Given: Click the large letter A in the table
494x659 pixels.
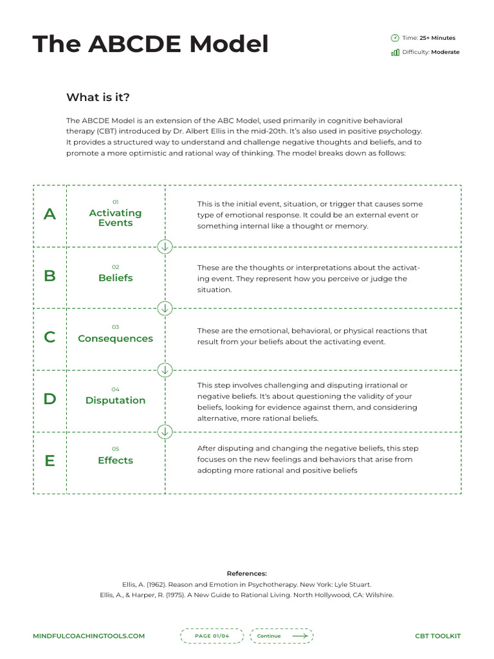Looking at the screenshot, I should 50,215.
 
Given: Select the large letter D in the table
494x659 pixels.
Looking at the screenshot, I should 50,399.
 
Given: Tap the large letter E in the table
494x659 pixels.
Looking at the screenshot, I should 50,461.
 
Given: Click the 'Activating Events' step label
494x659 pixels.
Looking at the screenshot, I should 116,218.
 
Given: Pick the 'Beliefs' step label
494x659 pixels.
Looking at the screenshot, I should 116,278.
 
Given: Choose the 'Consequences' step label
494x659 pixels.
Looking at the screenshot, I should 116,339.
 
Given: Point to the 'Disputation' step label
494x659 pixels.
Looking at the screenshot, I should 116,400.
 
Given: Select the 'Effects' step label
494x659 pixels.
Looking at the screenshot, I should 116,461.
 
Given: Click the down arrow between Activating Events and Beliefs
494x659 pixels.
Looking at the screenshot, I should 165,246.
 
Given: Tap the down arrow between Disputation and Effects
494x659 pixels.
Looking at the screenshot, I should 165,431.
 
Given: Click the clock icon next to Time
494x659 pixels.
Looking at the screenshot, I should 395,38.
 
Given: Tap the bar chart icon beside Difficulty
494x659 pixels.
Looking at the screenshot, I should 395,52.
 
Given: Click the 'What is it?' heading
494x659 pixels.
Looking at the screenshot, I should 98,97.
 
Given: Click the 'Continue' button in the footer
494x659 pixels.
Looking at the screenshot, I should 282,636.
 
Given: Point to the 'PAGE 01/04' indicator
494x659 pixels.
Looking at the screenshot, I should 212,636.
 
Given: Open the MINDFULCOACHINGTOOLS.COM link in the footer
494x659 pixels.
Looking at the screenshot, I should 89,636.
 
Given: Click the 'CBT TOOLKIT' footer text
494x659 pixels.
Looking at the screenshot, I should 438,636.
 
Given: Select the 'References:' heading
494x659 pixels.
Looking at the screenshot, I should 247,573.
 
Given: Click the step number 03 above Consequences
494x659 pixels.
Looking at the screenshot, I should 116,327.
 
